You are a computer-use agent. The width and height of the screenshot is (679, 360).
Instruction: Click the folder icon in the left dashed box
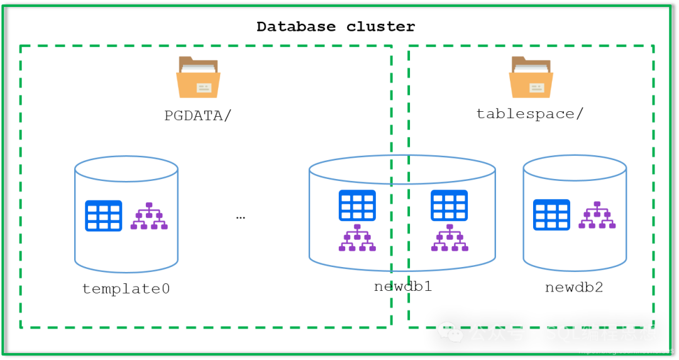[x=198, y=78]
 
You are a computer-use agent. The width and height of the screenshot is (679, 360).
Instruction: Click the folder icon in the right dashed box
[x=531, y=78]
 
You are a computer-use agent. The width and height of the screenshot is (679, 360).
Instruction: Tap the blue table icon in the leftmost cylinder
[x=104, y=215]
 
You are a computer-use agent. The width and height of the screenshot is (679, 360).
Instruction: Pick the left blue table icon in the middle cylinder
[x=356, y=205]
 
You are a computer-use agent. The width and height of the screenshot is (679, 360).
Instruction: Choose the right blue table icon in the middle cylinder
[x=449, y=205]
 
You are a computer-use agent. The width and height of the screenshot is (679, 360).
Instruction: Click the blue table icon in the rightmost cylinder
[x=551, y=214]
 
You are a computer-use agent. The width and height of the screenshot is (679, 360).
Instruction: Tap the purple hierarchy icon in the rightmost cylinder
[x=597, y=215]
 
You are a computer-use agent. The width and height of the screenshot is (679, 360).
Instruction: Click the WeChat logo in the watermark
[x=450, y=332]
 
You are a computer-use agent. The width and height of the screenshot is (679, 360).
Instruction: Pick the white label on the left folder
[x=204, y=88]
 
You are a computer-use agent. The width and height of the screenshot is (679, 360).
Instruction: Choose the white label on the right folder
[x=536, y=88]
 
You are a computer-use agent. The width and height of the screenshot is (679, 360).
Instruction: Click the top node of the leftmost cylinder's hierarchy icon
[x=149, y=205]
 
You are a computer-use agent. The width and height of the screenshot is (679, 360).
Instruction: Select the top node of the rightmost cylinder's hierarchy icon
[x=597, y=204]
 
